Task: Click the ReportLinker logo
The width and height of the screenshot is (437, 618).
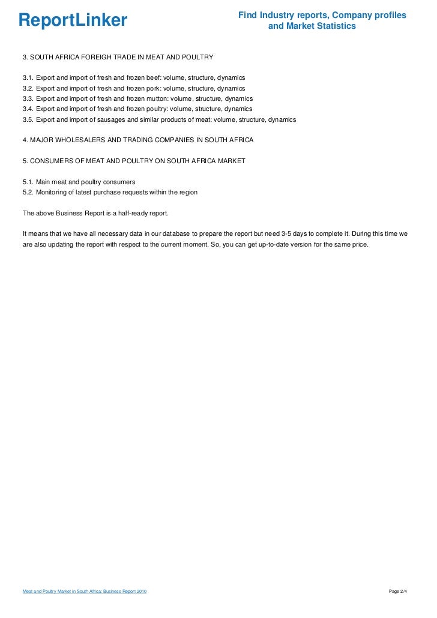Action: click(x=73, y=20)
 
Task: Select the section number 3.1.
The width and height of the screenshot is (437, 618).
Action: click(x=28, y=78)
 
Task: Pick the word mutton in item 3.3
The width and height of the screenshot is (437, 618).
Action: click(x=157, y=98)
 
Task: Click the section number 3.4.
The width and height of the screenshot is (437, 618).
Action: click(x=28, y=109)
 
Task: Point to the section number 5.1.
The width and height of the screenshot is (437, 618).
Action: click(x=28, y=182)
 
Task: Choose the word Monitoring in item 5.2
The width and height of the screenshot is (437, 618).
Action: click(x=53, y=192)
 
